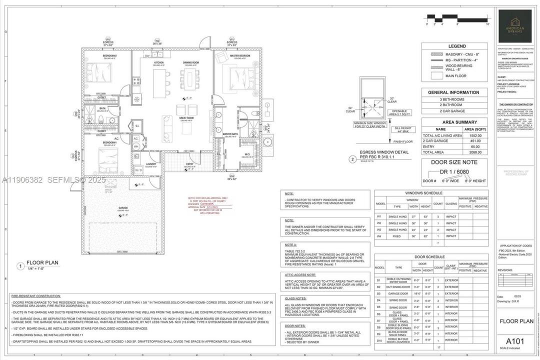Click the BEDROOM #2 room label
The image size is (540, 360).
tap(109, 55)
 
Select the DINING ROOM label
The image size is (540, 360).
tap(190, 62)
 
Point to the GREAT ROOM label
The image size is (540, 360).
tap(187, 118)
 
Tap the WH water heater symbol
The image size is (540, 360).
tap(135, 146)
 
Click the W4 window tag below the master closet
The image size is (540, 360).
tap(231, 176)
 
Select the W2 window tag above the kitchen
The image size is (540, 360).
tap(157, 41)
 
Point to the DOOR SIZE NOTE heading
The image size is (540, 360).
tap(454, 162)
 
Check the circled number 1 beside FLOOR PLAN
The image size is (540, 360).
tap(20, 266)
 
